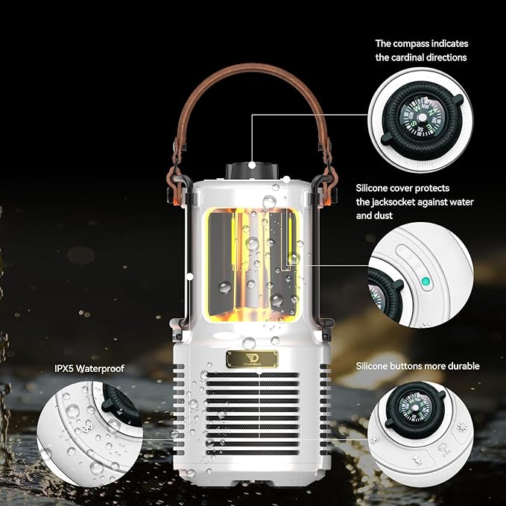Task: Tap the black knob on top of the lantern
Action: (253, 171)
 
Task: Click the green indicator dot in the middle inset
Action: (426, 282)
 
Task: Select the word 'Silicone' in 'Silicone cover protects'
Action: (373, 189)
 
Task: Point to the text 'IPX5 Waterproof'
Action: (89, 368)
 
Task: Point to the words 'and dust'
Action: (375, 215)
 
